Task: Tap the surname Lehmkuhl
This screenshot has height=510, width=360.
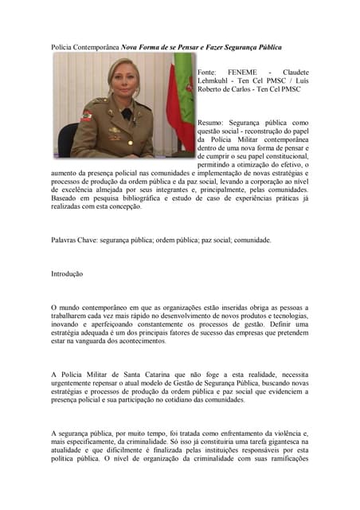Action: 217,80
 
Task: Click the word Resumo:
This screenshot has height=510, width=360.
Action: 213,123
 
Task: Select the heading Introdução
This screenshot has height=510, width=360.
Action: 67,273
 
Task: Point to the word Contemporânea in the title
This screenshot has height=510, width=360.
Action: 95,47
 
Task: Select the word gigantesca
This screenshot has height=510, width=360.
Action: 286,441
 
